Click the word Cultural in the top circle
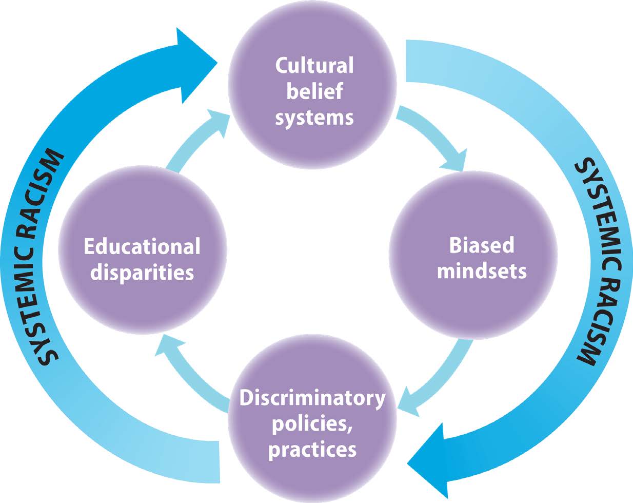pos(314,66)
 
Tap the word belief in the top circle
pos(314,92)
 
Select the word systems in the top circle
pos(314,118)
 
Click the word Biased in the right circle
pos(481,245)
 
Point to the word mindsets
pos(481,271)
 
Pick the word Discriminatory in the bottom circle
pos(312,398)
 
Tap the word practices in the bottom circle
pos(312,450)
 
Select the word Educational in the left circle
pos(142,247)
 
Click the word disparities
pos(142,272)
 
